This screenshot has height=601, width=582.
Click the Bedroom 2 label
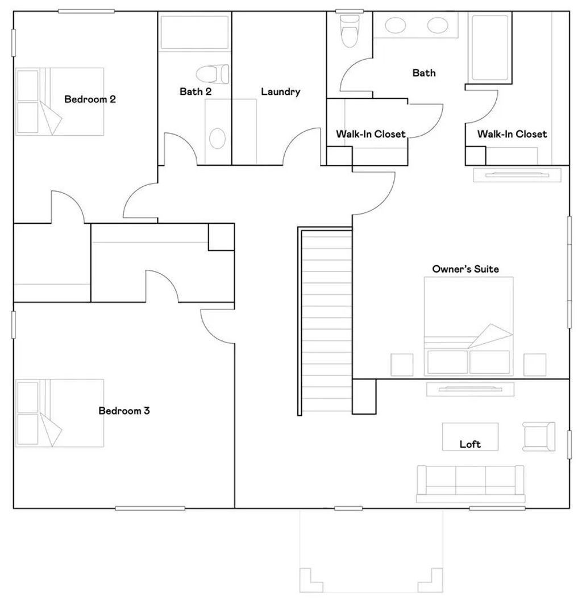[x=90, y=99]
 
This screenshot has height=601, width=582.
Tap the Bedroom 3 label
[x=124, y=411]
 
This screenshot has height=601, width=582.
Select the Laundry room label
[x=280, y=91]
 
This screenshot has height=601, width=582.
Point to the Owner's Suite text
[x=465, y=269]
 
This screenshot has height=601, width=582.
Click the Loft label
[x=470, y=444]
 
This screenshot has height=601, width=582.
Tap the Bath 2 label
[x=196, y=91]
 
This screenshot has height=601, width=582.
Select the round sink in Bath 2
[x=217, y=137]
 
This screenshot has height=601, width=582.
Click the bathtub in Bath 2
[x=194, y=33]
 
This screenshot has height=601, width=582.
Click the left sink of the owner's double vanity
[x=395, y=25]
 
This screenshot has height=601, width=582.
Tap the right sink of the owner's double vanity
[x=437, y=25]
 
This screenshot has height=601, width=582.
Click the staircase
[x=326, y=321]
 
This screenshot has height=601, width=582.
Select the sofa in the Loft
[x=471, y=483]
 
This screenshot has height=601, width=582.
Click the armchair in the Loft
[x=539, y=436]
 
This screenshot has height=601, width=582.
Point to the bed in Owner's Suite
[x=468, y=324]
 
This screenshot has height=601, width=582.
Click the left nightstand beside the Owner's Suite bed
[x=402, y=365]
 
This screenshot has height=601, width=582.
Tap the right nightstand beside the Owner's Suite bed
[x=535, y=365]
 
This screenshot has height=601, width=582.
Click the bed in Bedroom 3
[x=60, y=413]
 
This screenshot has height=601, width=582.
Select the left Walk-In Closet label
[x=371, y=134]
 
